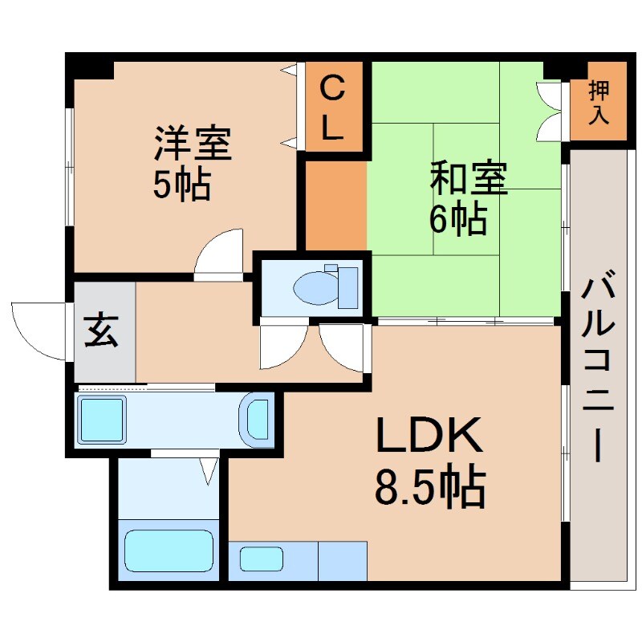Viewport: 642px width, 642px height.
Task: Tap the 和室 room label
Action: click(469, 179)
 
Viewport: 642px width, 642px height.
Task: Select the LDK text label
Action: click(430, 437)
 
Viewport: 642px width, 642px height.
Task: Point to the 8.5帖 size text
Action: click(430, 487)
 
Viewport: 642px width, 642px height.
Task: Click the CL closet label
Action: click(333, 107)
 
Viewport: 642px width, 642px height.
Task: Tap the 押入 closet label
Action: click(599, 102)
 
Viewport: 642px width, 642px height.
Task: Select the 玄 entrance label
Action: click(103, 332)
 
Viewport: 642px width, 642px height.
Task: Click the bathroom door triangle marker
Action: click(209, 469)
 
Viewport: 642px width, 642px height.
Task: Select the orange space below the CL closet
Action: click(335, 205)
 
